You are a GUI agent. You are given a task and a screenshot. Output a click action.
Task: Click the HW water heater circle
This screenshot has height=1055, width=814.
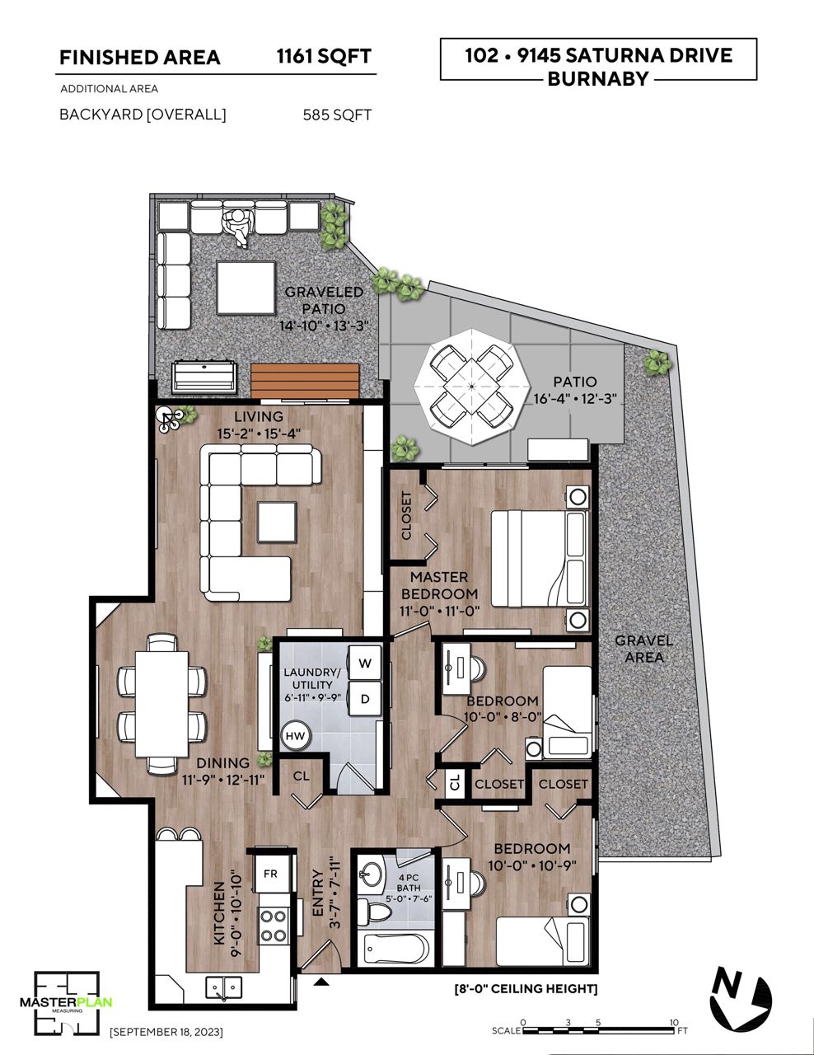click(295, 736)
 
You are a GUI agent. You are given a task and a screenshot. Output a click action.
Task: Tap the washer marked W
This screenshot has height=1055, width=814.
click(365, 663)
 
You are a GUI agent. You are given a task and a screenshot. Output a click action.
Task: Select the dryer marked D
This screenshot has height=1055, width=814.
click(365, 699)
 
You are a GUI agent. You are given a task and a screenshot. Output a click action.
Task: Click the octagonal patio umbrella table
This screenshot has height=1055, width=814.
click(472, 387)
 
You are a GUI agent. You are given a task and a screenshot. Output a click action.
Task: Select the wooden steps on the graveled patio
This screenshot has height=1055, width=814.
click(306, 381)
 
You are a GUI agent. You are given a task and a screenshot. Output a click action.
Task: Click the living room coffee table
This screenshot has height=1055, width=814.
click(277, 522)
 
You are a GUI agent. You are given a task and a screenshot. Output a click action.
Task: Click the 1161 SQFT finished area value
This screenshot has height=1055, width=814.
click(324, 56)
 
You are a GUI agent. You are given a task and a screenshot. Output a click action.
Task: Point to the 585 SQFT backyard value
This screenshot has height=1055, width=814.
click(337, 115)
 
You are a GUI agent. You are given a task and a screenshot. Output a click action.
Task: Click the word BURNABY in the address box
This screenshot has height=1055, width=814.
click(598, 78)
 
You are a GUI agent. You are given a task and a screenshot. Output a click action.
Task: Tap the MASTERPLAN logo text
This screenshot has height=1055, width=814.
click(66, 1001)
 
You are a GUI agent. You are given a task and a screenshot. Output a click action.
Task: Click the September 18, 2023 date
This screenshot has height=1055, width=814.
click(167, 1031)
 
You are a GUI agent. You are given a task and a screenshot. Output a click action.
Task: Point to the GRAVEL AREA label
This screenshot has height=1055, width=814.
click(643, 649)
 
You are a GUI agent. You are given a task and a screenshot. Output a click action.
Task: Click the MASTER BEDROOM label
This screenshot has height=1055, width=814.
click(439, 585)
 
